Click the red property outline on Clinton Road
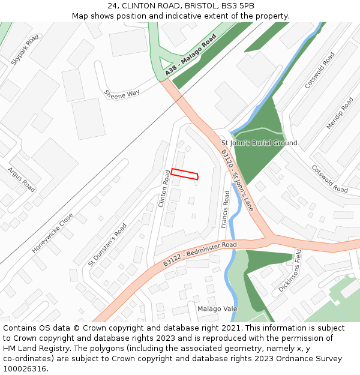click(x=184, y=174)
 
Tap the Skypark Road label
click(x=25, y=50)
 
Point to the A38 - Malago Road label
click(x=191, y=57)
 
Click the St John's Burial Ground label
click(x=259, y=143)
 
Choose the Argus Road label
click(x=22, y=179)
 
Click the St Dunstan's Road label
click(x=107, y=245)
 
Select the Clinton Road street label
click(x=164, y=188)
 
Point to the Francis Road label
click(x=225, y=209)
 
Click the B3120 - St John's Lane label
click(x=237, y=179)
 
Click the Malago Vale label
click(x=217, y=308)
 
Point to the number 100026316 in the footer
click(x=24, y=368)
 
